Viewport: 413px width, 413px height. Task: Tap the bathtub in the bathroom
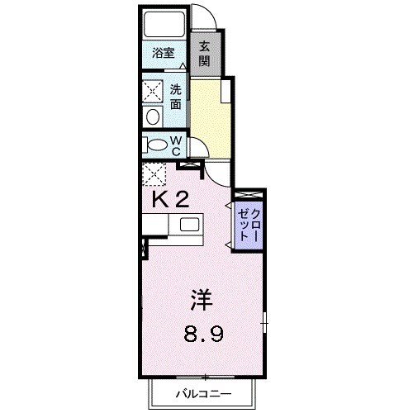tap(163, 26)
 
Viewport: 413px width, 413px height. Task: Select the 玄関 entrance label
tap(203, 53)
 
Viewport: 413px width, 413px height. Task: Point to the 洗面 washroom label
tap(176, 97)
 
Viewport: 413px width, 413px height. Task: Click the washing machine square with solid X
tap(154, 89)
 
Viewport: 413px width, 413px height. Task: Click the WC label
tap(176, 145)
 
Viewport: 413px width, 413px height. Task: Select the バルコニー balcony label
tap(202, 394)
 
